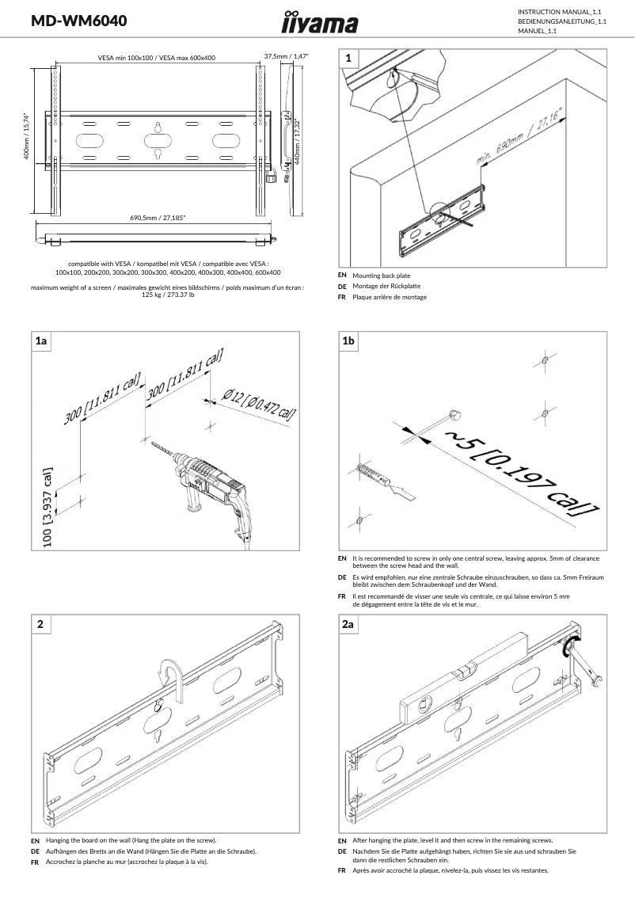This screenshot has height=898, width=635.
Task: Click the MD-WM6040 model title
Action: [x=78, y=21]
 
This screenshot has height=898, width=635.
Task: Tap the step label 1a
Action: [x=41, y=341]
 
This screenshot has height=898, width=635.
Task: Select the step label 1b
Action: [x=348, y=341]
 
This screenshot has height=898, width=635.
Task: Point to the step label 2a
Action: [x=348, y=625]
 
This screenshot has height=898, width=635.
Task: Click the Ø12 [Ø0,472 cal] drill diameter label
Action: [x=259, y=404]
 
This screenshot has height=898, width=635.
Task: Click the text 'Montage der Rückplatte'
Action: [x=386, y=286]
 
